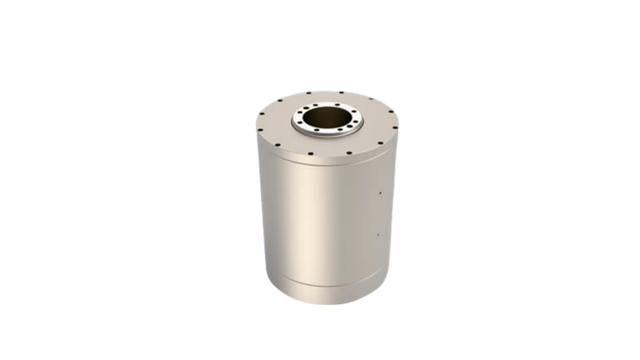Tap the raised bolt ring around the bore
click(297, 124)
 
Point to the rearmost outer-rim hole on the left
click(309, 93)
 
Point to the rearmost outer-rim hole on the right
click(341, 92)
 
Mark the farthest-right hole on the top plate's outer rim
click(395, 128)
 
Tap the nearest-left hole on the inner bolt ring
click(317, 130)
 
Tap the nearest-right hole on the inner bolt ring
click(340, 129)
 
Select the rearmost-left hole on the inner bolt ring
click(315, 105)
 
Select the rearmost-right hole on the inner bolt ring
click(337, 105)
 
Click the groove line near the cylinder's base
click(320, 281)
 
